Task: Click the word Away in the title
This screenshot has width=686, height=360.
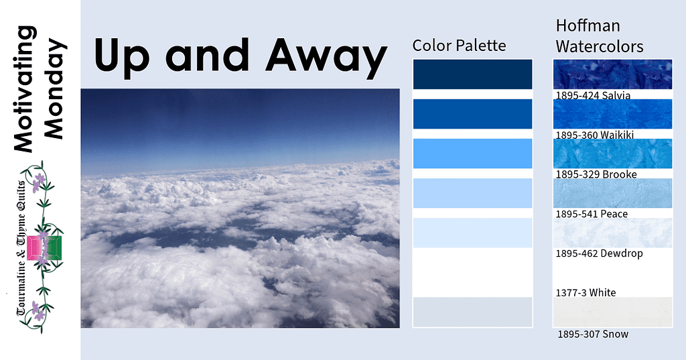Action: pyautogui.click(x=326, y=56)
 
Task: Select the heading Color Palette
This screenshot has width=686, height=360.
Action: pyautogui.click(x=459, y=45)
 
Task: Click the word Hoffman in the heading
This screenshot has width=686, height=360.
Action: pyautogui.click(x=588, y=25)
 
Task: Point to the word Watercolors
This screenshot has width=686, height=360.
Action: pyautogui.click(x=600, y=46)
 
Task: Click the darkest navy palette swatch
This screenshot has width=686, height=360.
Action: pyautogui.click(x=472, y=74)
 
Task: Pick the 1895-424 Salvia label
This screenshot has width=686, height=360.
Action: pyautogui.click(x=593, y=95)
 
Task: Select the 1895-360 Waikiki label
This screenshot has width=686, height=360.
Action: pyautogui.click(x=595, y=135)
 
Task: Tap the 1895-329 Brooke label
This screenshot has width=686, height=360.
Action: pyautogui.click(x=596, y=174)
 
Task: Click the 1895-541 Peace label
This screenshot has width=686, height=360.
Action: pyautogui.click(x=592, y=214)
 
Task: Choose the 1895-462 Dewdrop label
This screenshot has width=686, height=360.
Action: pyautogui.click(x=599, y=253)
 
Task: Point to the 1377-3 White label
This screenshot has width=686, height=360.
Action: pyautogui.click(x=586, y=292)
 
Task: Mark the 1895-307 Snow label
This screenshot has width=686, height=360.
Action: pyautogui.click(x=593, y=334)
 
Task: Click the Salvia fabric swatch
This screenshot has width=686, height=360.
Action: pyautogui.click(x=612, y=74)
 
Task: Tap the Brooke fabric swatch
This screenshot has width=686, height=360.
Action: pyautogui.click(x=612, y=154)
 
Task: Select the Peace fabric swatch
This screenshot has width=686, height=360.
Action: pyautogui.click(x=612, y=192)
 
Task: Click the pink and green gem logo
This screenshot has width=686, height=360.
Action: pyautogui.click(x=44, y=248)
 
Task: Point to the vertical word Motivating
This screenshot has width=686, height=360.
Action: pyautogui.click(x=25, y=89)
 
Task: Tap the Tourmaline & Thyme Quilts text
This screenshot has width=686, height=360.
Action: pyautogui.click(x=21, y=248)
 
